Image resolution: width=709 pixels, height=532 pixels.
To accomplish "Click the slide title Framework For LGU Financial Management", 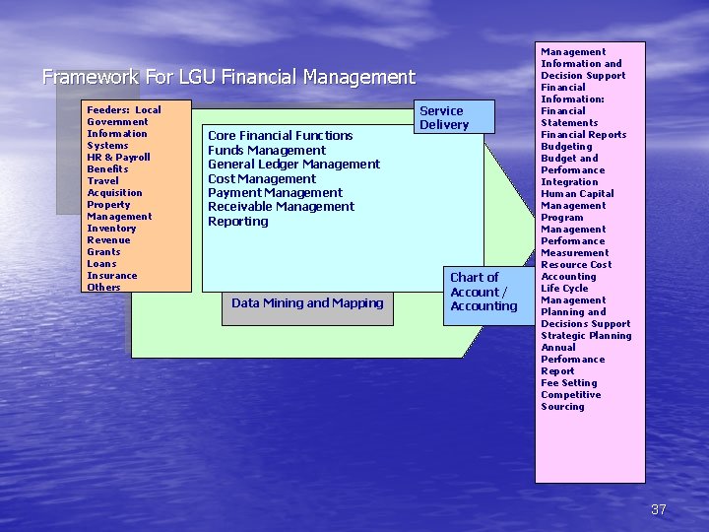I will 228,77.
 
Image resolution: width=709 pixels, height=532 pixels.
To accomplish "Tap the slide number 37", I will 659,509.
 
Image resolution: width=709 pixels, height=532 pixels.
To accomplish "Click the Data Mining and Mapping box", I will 307,303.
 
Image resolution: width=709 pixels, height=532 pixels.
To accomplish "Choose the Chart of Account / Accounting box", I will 483,292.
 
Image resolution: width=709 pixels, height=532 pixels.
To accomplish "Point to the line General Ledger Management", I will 293,165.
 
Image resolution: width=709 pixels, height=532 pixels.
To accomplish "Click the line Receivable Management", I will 281,207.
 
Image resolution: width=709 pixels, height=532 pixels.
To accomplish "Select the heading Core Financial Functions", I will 280,136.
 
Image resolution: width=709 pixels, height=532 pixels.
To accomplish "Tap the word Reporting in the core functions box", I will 237,222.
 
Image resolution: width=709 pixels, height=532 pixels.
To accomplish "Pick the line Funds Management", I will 266,151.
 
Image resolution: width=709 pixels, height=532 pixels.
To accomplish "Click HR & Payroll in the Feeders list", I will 118,158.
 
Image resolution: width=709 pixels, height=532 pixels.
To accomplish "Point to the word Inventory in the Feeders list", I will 111,229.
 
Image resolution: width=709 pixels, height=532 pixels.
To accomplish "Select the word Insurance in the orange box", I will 111,276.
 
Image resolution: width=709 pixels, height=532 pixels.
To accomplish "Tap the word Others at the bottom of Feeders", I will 103,288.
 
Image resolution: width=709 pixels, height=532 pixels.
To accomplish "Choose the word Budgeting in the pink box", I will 566,147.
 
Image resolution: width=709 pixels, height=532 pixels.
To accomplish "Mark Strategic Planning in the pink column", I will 586,336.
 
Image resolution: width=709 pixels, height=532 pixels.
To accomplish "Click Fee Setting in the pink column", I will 569,383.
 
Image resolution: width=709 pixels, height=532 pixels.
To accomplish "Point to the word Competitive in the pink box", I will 570,395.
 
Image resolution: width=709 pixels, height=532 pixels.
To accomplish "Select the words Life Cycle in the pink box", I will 564,289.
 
